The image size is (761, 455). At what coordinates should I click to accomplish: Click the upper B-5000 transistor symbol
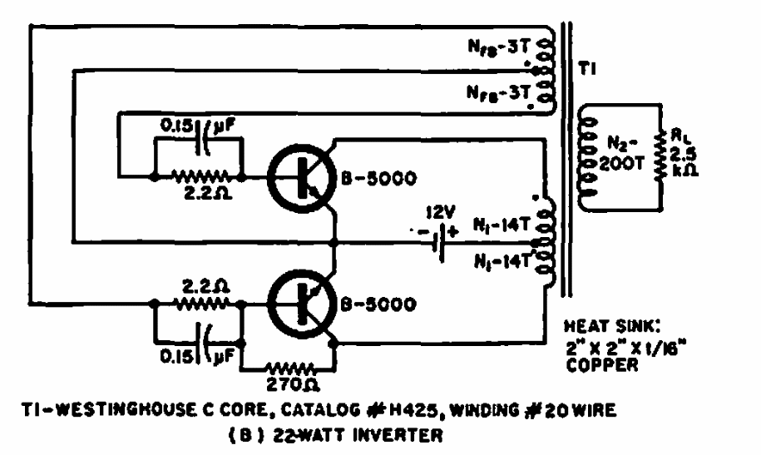click(301, 178)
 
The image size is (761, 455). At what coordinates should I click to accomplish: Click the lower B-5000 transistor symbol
click(301, 304)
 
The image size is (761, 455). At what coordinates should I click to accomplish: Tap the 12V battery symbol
click(438, 241)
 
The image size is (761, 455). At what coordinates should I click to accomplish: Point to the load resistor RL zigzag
click(660, 156)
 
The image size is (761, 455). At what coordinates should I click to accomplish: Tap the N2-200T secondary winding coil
click(587, 156)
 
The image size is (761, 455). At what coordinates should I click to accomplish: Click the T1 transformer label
click(587, 70)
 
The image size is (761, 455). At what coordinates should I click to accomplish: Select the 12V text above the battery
click(441, 212)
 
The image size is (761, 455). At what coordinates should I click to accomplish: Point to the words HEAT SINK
click(612, 326)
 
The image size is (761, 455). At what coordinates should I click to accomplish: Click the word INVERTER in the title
click(398, 434)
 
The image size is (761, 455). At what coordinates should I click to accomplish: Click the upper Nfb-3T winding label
click(498, 46)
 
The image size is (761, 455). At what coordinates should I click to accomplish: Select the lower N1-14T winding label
click(502, 263)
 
